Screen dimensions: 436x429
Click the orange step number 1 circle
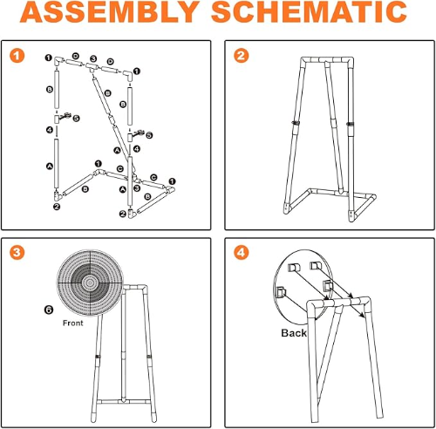[x=17, y=56]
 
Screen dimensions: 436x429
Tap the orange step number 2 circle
[x=242, y=56]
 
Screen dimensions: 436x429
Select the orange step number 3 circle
[x=17, y=252]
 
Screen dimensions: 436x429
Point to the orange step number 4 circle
[x=242, y=252]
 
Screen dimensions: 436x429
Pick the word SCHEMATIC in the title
[x=309, y=12]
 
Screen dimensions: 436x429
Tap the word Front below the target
[x=73, y=323]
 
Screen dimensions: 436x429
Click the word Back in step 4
[x=294, y=333]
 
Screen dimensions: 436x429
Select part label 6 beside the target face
[x=49, y=310]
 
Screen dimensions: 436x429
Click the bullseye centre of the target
[x=90, y=283]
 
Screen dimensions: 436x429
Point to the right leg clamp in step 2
[x=351, y=124]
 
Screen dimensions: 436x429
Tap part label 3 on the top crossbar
[x=93, y=58]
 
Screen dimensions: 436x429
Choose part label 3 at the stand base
[x=137, y=188]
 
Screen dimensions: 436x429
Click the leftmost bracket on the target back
[x=281, y=292]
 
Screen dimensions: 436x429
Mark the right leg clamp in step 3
[x=149, y=357]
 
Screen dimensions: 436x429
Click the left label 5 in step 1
[x=76, y=119]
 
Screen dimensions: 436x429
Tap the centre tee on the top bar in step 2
[x=327, y=60]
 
